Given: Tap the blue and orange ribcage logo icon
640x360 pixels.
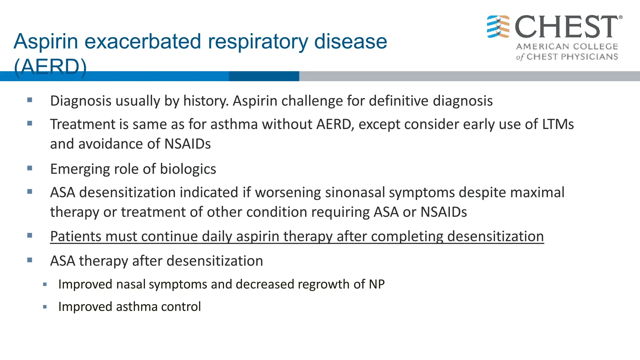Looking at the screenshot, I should coord(498,27).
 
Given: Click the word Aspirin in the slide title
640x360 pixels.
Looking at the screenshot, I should coord(46,41).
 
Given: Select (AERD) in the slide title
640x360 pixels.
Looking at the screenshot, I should coord(50,67).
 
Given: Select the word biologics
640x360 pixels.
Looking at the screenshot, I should coord(188,169).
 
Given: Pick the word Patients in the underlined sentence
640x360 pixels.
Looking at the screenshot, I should coord(76,236).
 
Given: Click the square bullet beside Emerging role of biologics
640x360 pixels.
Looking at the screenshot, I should coord(30,168).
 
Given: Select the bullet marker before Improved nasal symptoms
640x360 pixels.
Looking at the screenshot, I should coord(45,284).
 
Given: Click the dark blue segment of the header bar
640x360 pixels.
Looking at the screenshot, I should coord(264,76).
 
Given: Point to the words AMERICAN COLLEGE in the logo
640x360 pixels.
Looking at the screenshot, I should coord(567,47).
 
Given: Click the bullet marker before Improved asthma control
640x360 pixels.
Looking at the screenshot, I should coord(45,307).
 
